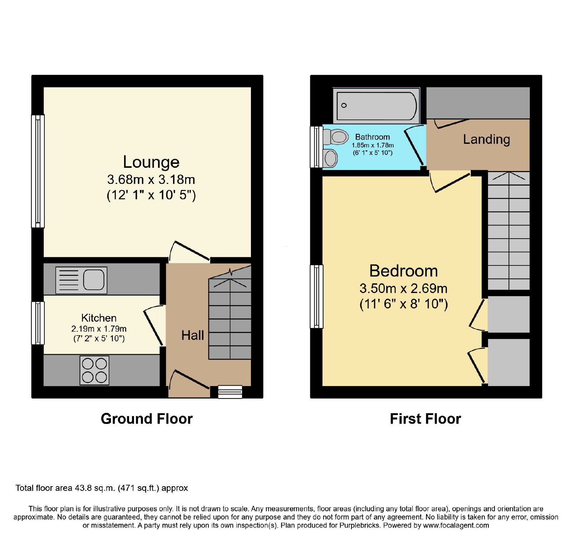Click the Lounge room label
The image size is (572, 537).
pos(151,162)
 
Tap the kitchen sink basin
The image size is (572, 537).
pos(94,279)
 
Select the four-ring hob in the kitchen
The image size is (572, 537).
pos(94,370)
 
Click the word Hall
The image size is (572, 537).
pos(193,335)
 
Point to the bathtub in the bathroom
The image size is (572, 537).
pos(376,106)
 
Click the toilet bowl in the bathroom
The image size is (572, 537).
pos(336,137)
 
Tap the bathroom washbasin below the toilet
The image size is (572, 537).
pos(330,158)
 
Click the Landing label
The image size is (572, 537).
pos(487,140)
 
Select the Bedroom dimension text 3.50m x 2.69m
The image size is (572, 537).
pos(404,288)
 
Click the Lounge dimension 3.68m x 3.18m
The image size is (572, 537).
pos(151,179)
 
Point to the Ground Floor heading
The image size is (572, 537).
pos(147,419)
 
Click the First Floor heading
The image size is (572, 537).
pos(425,419)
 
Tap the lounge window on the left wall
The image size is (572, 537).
pos(38,171)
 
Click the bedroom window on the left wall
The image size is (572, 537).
pos(316,297)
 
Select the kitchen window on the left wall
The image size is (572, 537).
pos(38,323)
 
